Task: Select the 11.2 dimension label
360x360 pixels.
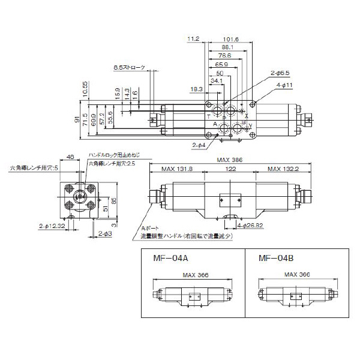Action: [193, 39]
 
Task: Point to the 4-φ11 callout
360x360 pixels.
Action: [283, 85]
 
